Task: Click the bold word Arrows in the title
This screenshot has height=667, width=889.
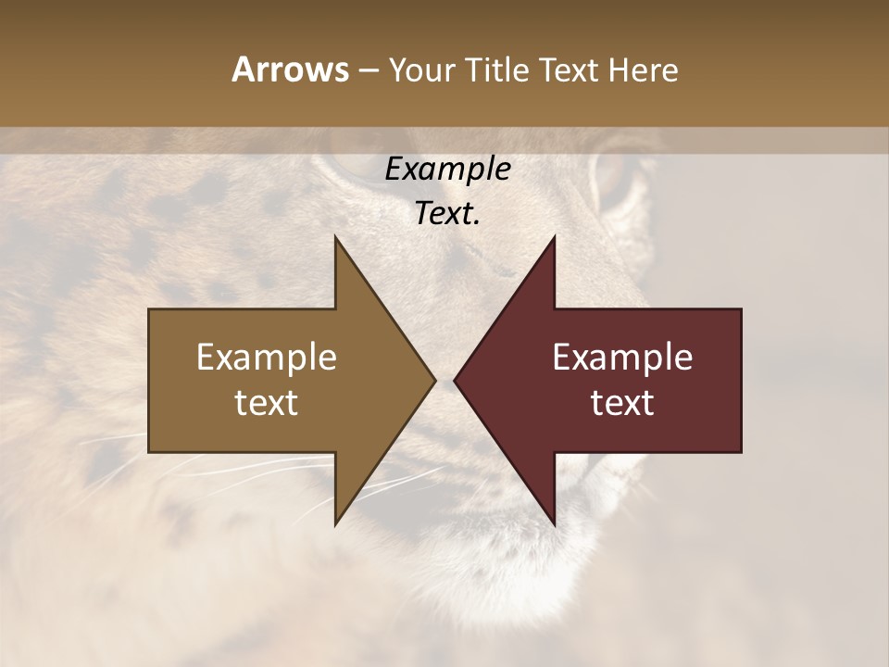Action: pos(290,69)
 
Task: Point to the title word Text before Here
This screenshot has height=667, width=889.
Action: pos(571,69)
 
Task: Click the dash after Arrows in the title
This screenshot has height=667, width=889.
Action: pos(369,71)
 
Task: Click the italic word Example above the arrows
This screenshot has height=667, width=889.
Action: pos(447,170)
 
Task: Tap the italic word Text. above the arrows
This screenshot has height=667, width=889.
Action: pos(447,214)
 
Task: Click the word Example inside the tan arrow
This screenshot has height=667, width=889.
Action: pos(267,358)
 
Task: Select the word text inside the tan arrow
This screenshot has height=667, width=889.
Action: pos(267,403)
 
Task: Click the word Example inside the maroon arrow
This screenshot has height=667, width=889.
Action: pos(622,358)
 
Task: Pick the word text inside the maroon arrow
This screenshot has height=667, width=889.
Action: pos(622,403)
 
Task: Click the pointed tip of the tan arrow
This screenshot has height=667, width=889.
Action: pos(434,380)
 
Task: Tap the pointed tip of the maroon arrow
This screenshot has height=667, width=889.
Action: pos(455,380)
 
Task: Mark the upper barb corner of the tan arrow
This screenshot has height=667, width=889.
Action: pos(335,237)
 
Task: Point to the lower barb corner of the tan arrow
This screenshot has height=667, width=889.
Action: pos(335,524)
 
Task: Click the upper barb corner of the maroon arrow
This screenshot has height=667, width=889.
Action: pos(554,237)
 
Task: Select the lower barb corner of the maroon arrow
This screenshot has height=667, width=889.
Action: pos(554,524)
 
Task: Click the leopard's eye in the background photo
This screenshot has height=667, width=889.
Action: pos(619,181)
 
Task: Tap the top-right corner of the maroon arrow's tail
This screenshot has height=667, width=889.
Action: pos(741,309)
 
